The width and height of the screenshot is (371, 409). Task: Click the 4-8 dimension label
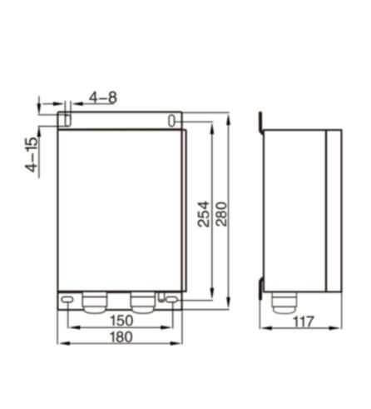103,97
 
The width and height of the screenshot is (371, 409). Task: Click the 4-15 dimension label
32,154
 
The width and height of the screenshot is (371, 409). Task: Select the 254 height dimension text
204,214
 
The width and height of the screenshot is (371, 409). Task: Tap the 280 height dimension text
221,214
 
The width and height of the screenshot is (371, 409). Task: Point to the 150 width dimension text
121,321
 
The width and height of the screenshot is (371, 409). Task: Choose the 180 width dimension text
121,337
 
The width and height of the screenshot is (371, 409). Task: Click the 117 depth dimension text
304,322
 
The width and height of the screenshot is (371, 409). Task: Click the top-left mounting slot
67,120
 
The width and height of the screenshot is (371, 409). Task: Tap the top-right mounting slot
171,121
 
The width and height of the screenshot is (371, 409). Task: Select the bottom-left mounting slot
67,300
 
